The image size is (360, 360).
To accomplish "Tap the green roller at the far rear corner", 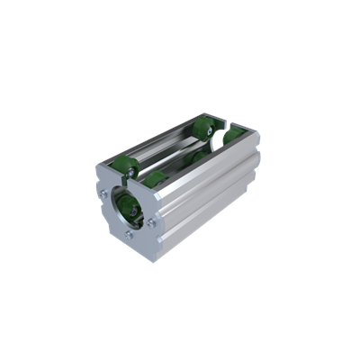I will (233, 135).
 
